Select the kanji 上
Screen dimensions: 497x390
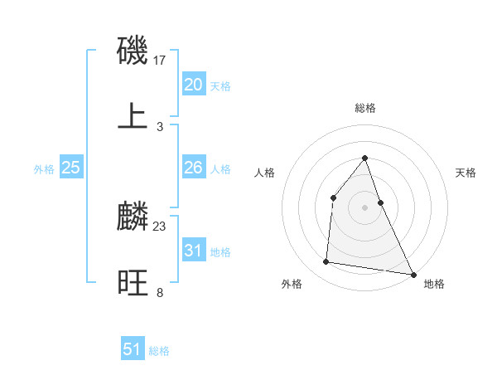[133, 115]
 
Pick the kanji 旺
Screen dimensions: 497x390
[133, 282]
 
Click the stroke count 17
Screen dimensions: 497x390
[161, 61]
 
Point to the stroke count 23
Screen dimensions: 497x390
[160, 226]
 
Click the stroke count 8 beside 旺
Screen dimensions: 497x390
[160, 292]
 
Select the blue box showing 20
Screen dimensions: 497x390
[194, 85]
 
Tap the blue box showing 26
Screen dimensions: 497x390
[194, 168]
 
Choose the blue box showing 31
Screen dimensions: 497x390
[194, 251]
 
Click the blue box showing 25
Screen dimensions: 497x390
[71, 168]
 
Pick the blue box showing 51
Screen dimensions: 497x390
[133, 349]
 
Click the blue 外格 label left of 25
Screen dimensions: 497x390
[44, 169]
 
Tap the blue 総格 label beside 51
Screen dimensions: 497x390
[159, 351]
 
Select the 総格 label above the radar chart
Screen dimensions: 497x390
[365, 108]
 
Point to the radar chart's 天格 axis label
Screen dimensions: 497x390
[466, 173]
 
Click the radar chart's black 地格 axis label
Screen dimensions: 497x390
[435, 284]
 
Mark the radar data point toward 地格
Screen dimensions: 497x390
[413, 274]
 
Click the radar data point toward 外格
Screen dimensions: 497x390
[326, 262]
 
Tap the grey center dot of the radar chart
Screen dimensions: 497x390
[365, 207]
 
